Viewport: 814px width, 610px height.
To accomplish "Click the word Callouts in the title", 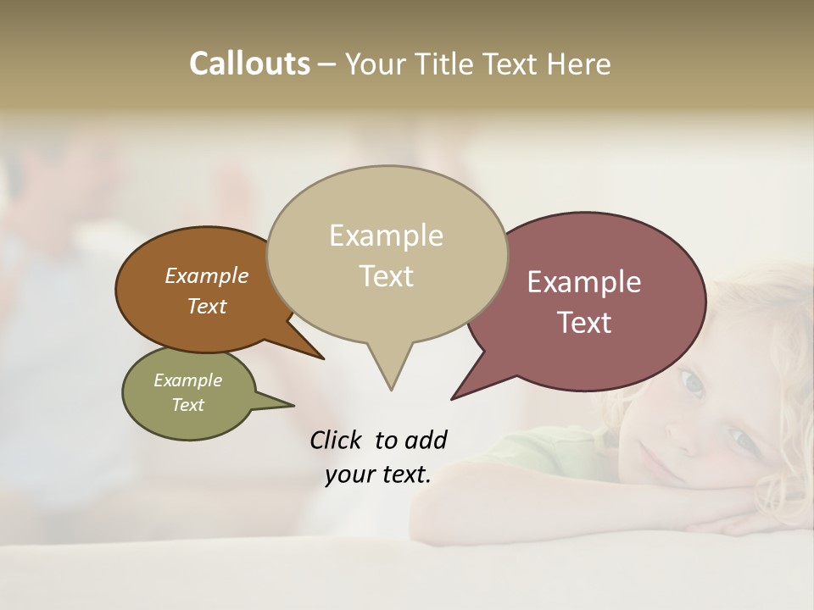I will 249,64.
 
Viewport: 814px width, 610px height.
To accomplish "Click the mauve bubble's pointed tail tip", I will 453,398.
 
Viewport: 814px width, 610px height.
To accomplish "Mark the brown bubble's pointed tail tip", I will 322,358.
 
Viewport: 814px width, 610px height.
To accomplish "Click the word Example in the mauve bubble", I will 584,281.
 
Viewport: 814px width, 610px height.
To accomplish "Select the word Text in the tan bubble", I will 387,276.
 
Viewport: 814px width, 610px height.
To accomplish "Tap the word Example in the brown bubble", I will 207,275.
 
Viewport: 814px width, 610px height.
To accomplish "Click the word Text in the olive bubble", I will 187,405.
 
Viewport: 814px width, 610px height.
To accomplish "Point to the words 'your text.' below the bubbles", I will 378,474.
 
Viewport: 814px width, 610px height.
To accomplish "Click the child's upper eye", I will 693,385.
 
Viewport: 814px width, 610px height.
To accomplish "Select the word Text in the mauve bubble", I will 584,323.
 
